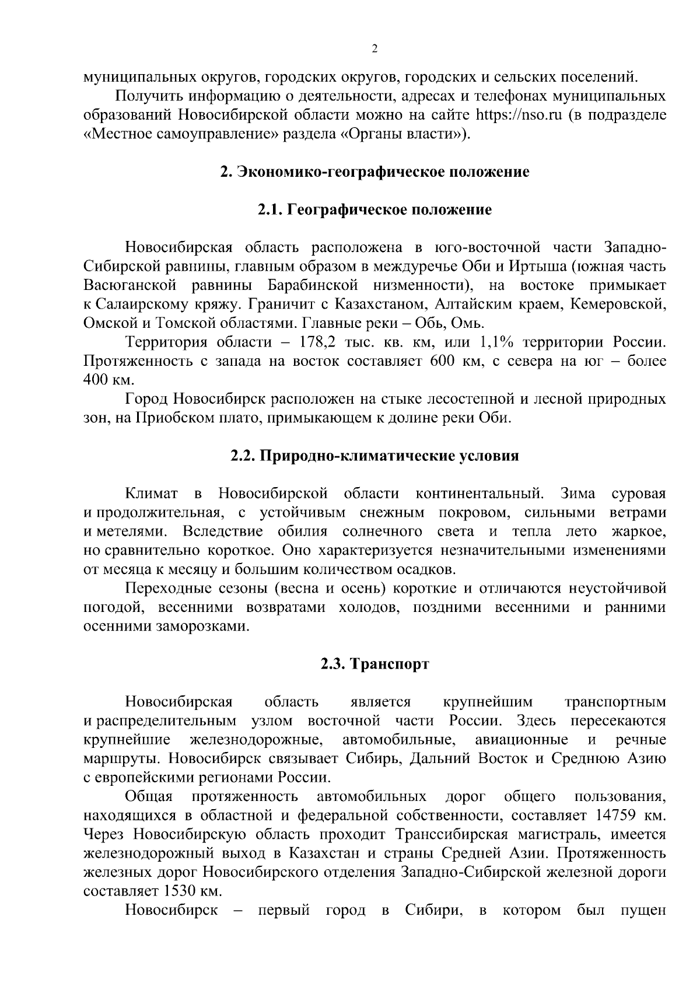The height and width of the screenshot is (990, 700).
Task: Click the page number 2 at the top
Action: (374, 49)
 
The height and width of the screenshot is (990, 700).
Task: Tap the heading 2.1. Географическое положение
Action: (374, 209)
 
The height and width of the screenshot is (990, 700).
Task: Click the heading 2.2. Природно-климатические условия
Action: (374, 456)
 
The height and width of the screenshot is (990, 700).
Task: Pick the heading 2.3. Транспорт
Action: (374, 664)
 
